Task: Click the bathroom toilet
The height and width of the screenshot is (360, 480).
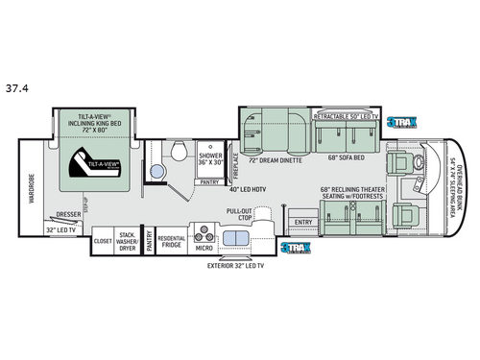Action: (x=180, y=150)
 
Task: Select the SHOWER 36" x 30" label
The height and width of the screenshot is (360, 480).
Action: (x=210, y=158)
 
